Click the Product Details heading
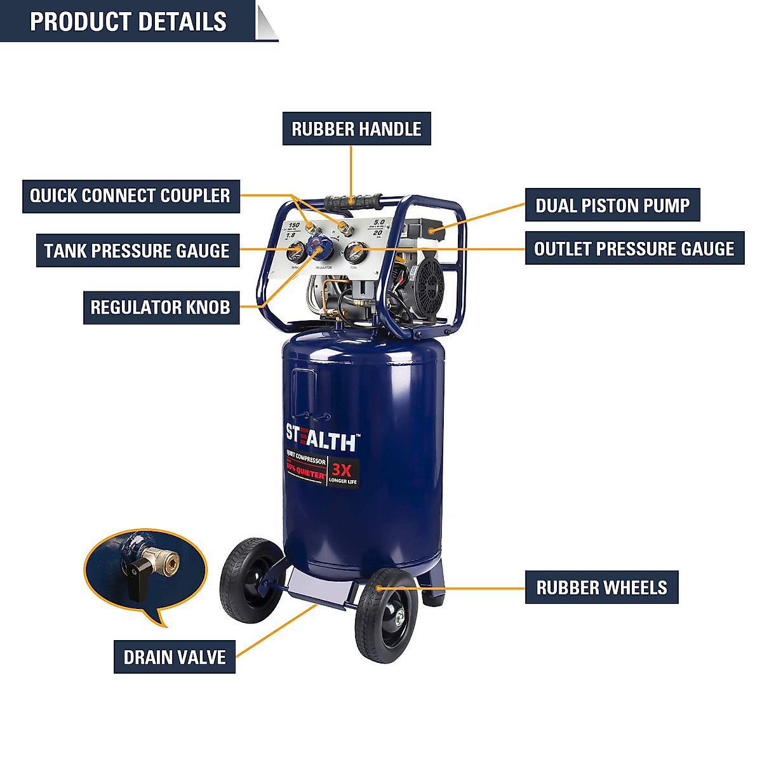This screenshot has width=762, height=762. tap(128, 22)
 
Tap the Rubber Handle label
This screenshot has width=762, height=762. tap(356, 129)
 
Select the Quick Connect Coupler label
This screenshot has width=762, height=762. tap(130, 196)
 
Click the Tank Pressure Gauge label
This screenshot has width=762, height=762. tap(137, 251)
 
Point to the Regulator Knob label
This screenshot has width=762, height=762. tap(161, 308)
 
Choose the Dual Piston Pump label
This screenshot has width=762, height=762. tap(612, 205)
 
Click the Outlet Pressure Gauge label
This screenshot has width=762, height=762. tap(634, 248)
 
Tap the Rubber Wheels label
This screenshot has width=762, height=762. tap(601, 587)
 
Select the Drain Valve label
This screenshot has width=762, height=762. tap(175, 657)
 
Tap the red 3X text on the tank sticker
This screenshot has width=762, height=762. tap(342, 470)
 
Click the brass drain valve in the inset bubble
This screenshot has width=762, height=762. tap(163, 561)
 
